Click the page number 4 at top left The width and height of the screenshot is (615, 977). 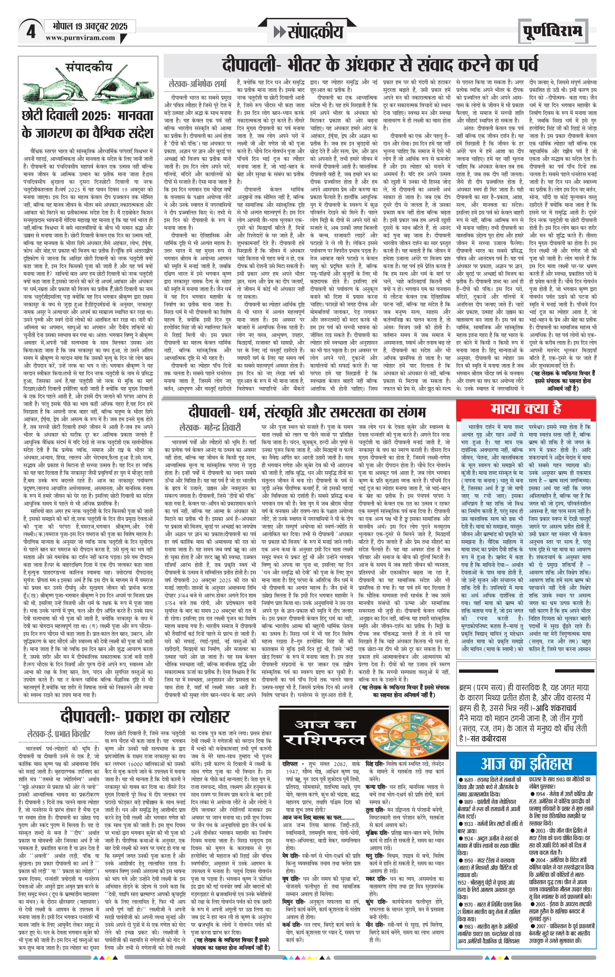click(x=30, y=31)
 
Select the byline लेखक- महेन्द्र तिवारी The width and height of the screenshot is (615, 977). click(x=210, y=428)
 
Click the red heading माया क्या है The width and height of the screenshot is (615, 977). click(x=526, y=408)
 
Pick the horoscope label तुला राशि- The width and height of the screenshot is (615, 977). click(x=376, y=810)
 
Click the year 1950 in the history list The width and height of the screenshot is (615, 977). click(x=470, y=860)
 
